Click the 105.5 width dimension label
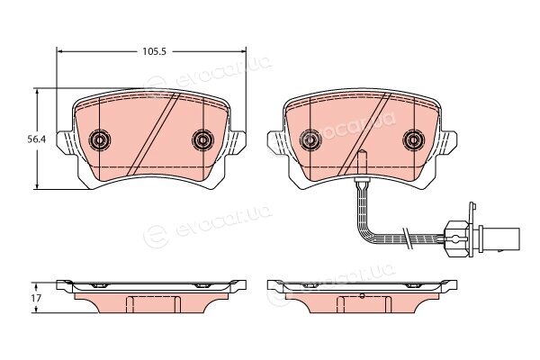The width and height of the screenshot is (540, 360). (155, 51)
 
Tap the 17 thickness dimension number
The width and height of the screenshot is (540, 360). (37, 298)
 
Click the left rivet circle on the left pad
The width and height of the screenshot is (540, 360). (100, 139)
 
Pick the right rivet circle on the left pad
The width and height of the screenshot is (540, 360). (202, 139)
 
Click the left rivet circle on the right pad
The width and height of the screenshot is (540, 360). (310, 139)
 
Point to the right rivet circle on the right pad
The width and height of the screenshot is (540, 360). (414, 139)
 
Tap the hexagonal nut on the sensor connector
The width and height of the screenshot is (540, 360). (456, 238)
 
